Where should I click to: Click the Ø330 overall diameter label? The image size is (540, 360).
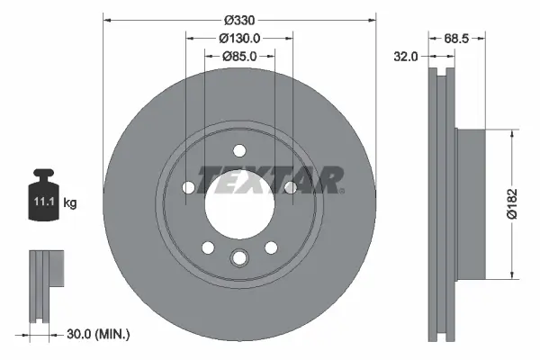238,20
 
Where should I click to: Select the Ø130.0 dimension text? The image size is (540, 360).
238,38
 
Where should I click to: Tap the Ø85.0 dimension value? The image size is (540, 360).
238,56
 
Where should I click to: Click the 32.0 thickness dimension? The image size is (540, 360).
408,56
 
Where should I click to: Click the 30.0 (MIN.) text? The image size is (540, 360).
99,334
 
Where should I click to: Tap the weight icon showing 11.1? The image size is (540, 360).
44,197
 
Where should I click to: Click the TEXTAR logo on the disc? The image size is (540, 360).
269,180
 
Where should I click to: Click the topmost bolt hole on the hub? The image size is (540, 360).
238,151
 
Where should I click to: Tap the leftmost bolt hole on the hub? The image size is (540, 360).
188,188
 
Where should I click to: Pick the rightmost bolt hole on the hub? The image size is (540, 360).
290,187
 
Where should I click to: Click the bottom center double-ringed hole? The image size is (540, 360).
238,259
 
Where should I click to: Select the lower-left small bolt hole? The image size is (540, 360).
207,247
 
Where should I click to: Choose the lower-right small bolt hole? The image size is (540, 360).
270,247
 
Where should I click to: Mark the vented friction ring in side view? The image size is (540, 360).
441,202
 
